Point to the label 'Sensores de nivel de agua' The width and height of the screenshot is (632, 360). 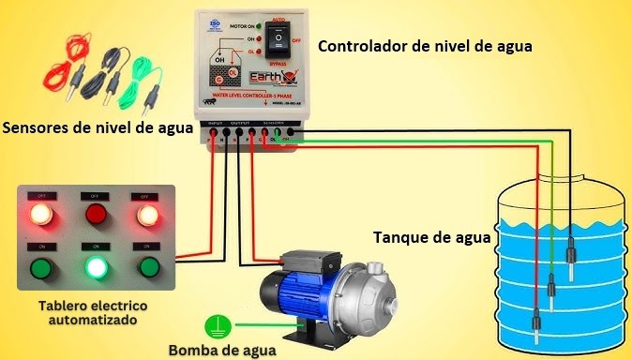click(x=98, y=127)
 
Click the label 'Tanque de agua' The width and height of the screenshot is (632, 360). click(x=431, y=238)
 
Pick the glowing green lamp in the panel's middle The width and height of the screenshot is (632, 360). click(x=95, y=268)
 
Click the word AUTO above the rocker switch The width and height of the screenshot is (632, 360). click(x=279, y=18)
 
